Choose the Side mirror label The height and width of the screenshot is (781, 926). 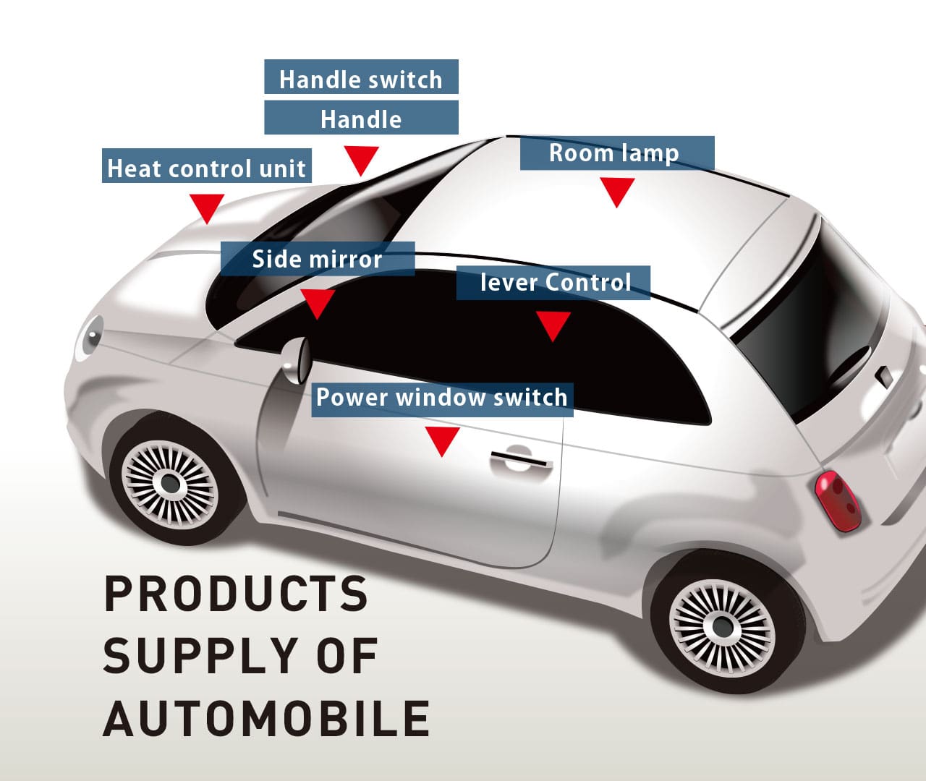(317, 259)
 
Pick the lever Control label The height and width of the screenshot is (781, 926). (553, 283)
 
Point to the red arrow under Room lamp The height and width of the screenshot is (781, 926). (617, 192)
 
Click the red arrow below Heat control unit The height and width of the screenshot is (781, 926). (207, 208)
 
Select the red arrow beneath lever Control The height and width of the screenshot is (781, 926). (553, 325)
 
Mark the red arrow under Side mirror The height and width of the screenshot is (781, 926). (317, 303)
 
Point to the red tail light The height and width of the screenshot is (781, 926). (837, 501)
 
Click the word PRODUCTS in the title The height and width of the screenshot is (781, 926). (236, 593)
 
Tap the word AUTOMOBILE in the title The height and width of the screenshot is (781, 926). (266, 717)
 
